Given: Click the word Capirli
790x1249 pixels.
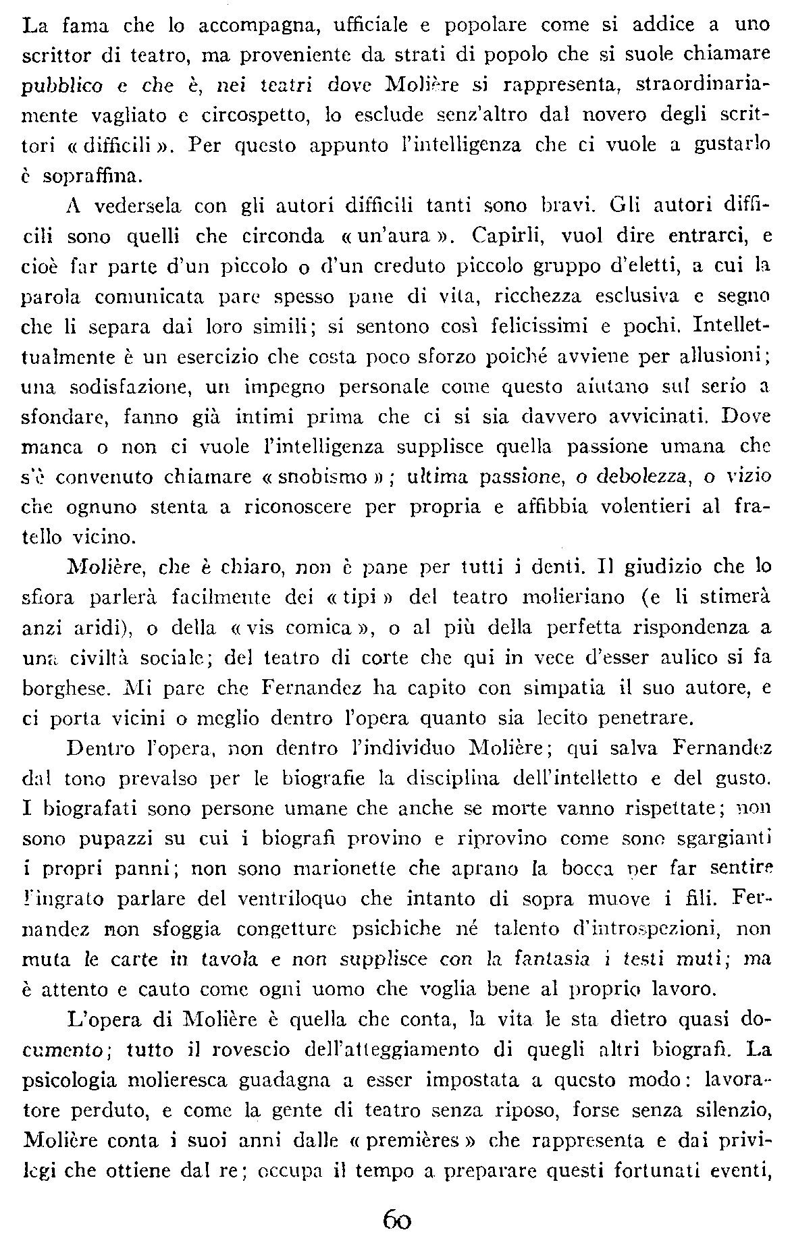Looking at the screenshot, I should point(501,237).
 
